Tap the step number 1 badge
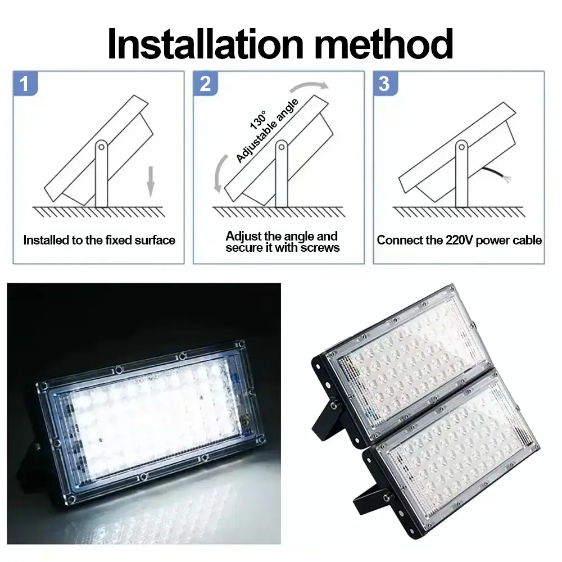[24, 84]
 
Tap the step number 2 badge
[205, 84]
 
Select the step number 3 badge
[385, 84]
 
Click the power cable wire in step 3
[497, 174]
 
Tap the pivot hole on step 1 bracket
[101, 147]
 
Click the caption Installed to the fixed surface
[99, 241]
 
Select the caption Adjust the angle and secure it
[282, 242]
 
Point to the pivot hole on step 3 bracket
[461, 147]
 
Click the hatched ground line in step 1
[98, 211]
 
